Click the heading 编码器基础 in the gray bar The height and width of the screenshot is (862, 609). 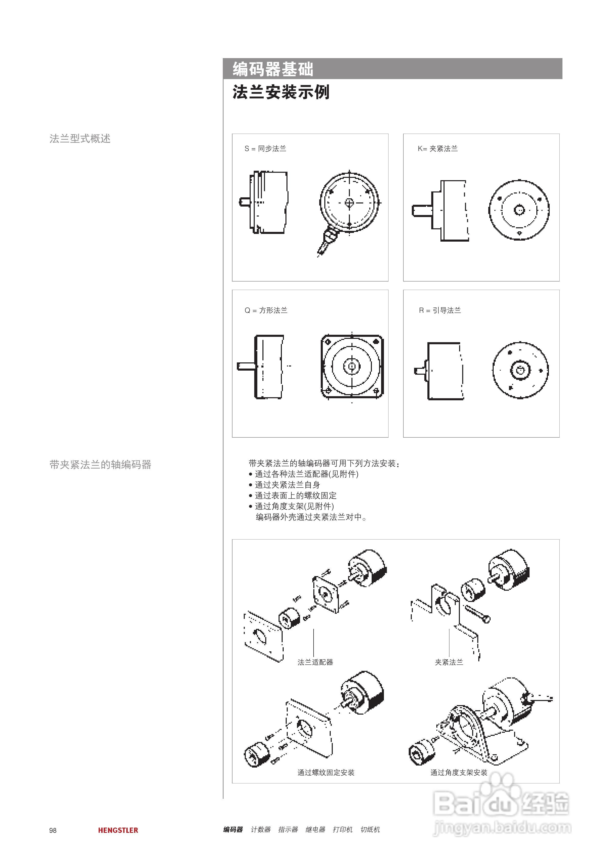pos(273,69)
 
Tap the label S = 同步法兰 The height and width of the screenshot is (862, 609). pos(265,149)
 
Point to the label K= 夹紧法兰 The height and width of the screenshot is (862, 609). pos(438,149)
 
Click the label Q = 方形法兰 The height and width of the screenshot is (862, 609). pos(266,310)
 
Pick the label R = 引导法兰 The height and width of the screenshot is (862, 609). pos(440,310)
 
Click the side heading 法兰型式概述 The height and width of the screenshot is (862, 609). pos(80,138)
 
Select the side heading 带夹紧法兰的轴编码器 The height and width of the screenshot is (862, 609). pos(100,465)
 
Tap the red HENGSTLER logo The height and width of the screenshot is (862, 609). pos(118,830)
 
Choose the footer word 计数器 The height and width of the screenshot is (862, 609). pos(260,829)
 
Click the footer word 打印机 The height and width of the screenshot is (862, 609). pos(342,829)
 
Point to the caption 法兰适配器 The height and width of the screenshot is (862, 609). pos(315,662)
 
